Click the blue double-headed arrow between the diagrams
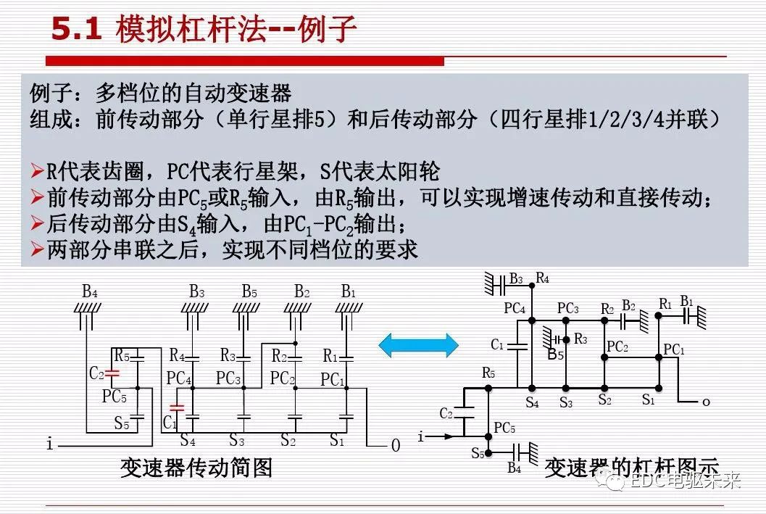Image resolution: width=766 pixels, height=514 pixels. [419, 344]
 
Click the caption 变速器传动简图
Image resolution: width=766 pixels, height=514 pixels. [196, 468]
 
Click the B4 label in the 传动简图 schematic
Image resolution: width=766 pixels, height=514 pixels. [90, 291]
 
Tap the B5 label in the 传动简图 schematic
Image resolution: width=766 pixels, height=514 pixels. [249, 291]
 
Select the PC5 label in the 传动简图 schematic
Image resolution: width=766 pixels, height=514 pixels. [115, 397]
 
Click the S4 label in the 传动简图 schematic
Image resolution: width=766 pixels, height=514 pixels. [188, 439]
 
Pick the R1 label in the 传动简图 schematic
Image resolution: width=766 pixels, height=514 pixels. [330, 357]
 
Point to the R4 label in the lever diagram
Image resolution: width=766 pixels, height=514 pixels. [542, 278]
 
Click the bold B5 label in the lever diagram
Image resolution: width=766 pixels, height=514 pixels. [555, 355]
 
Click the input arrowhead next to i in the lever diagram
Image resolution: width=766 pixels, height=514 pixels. [451, 436]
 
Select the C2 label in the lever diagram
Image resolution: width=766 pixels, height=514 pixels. [446, 413]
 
